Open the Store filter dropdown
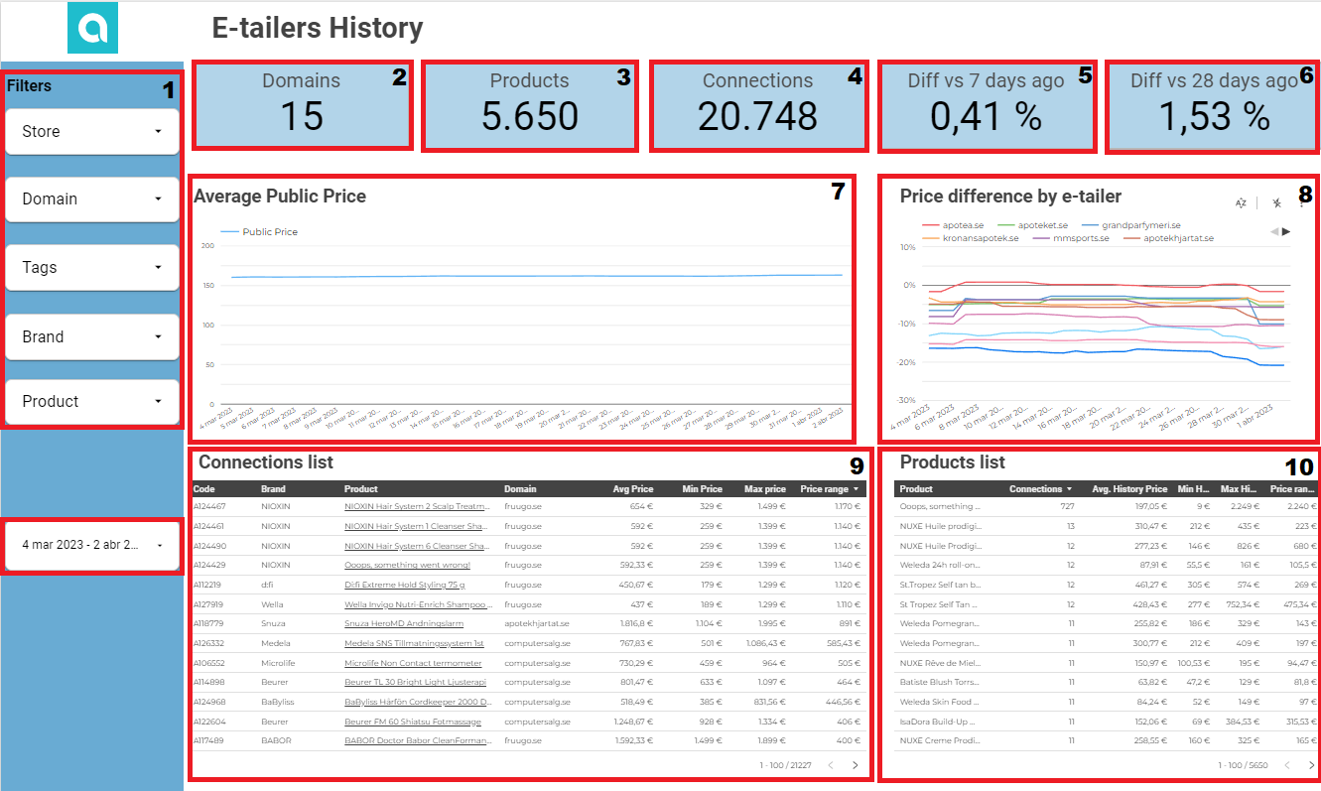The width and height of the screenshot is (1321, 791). coord(92,131)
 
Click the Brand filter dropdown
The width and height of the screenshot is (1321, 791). coord(92,336)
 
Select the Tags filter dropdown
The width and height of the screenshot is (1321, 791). coord(92,267)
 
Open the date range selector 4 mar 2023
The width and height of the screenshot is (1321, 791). coord(92,545)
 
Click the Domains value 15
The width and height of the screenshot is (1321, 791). coord(301,116)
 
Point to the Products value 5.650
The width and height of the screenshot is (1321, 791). coord(529,116)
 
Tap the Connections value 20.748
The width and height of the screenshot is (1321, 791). coord(757,116)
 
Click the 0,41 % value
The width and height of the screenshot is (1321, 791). coord(986,117)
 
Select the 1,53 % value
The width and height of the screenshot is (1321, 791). coord(1214,117)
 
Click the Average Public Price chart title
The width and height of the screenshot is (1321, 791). coord(280,197)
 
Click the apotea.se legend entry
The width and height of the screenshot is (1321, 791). coord(962,225)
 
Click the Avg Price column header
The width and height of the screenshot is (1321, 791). coord(632,489)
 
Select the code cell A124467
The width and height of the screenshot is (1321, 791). coord(209,506)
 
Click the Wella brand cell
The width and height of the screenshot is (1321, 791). coord(273,604)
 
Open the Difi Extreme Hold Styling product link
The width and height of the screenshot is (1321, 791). coord(404,585)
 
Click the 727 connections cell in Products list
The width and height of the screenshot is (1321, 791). coord(1067,506)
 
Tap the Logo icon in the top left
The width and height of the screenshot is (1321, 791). coord(92,28)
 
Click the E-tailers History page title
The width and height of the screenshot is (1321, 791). coord(318,29)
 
